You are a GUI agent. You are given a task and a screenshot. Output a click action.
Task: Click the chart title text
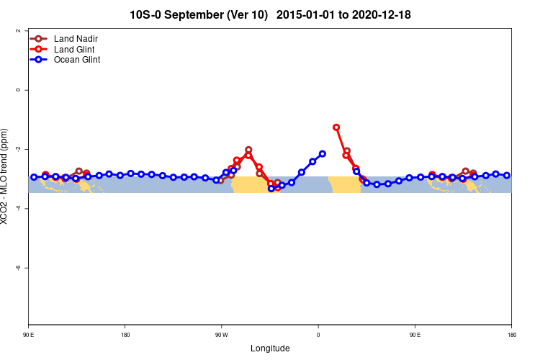[270, 14]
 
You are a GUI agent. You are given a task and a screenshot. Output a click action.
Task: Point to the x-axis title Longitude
[270, 348]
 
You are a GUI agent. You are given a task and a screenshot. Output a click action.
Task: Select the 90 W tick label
[221, 335]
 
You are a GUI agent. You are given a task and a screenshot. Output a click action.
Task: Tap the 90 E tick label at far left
[29, 335]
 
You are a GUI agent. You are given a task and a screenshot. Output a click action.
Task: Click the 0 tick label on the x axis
[318, 335]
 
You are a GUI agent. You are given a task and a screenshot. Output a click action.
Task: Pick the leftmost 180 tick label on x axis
[125, 335]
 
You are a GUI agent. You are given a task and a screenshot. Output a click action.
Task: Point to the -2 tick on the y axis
[17, 149]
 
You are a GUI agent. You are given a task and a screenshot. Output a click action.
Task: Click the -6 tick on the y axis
[17, 267]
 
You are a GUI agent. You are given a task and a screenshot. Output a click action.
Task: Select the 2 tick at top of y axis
[17, 31]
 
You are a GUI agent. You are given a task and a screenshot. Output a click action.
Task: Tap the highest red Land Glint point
[336, 127]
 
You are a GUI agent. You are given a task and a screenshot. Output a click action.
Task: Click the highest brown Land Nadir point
[248, 150]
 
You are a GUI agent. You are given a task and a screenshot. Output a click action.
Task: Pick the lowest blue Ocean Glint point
[271, 189]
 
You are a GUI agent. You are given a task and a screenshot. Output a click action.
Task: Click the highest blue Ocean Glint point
[323, 154]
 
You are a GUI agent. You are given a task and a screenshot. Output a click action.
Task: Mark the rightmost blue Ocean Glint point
[507, 175]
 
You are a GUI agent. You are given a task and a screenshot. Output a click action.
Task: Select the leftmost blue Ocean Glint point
[34, 177]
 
